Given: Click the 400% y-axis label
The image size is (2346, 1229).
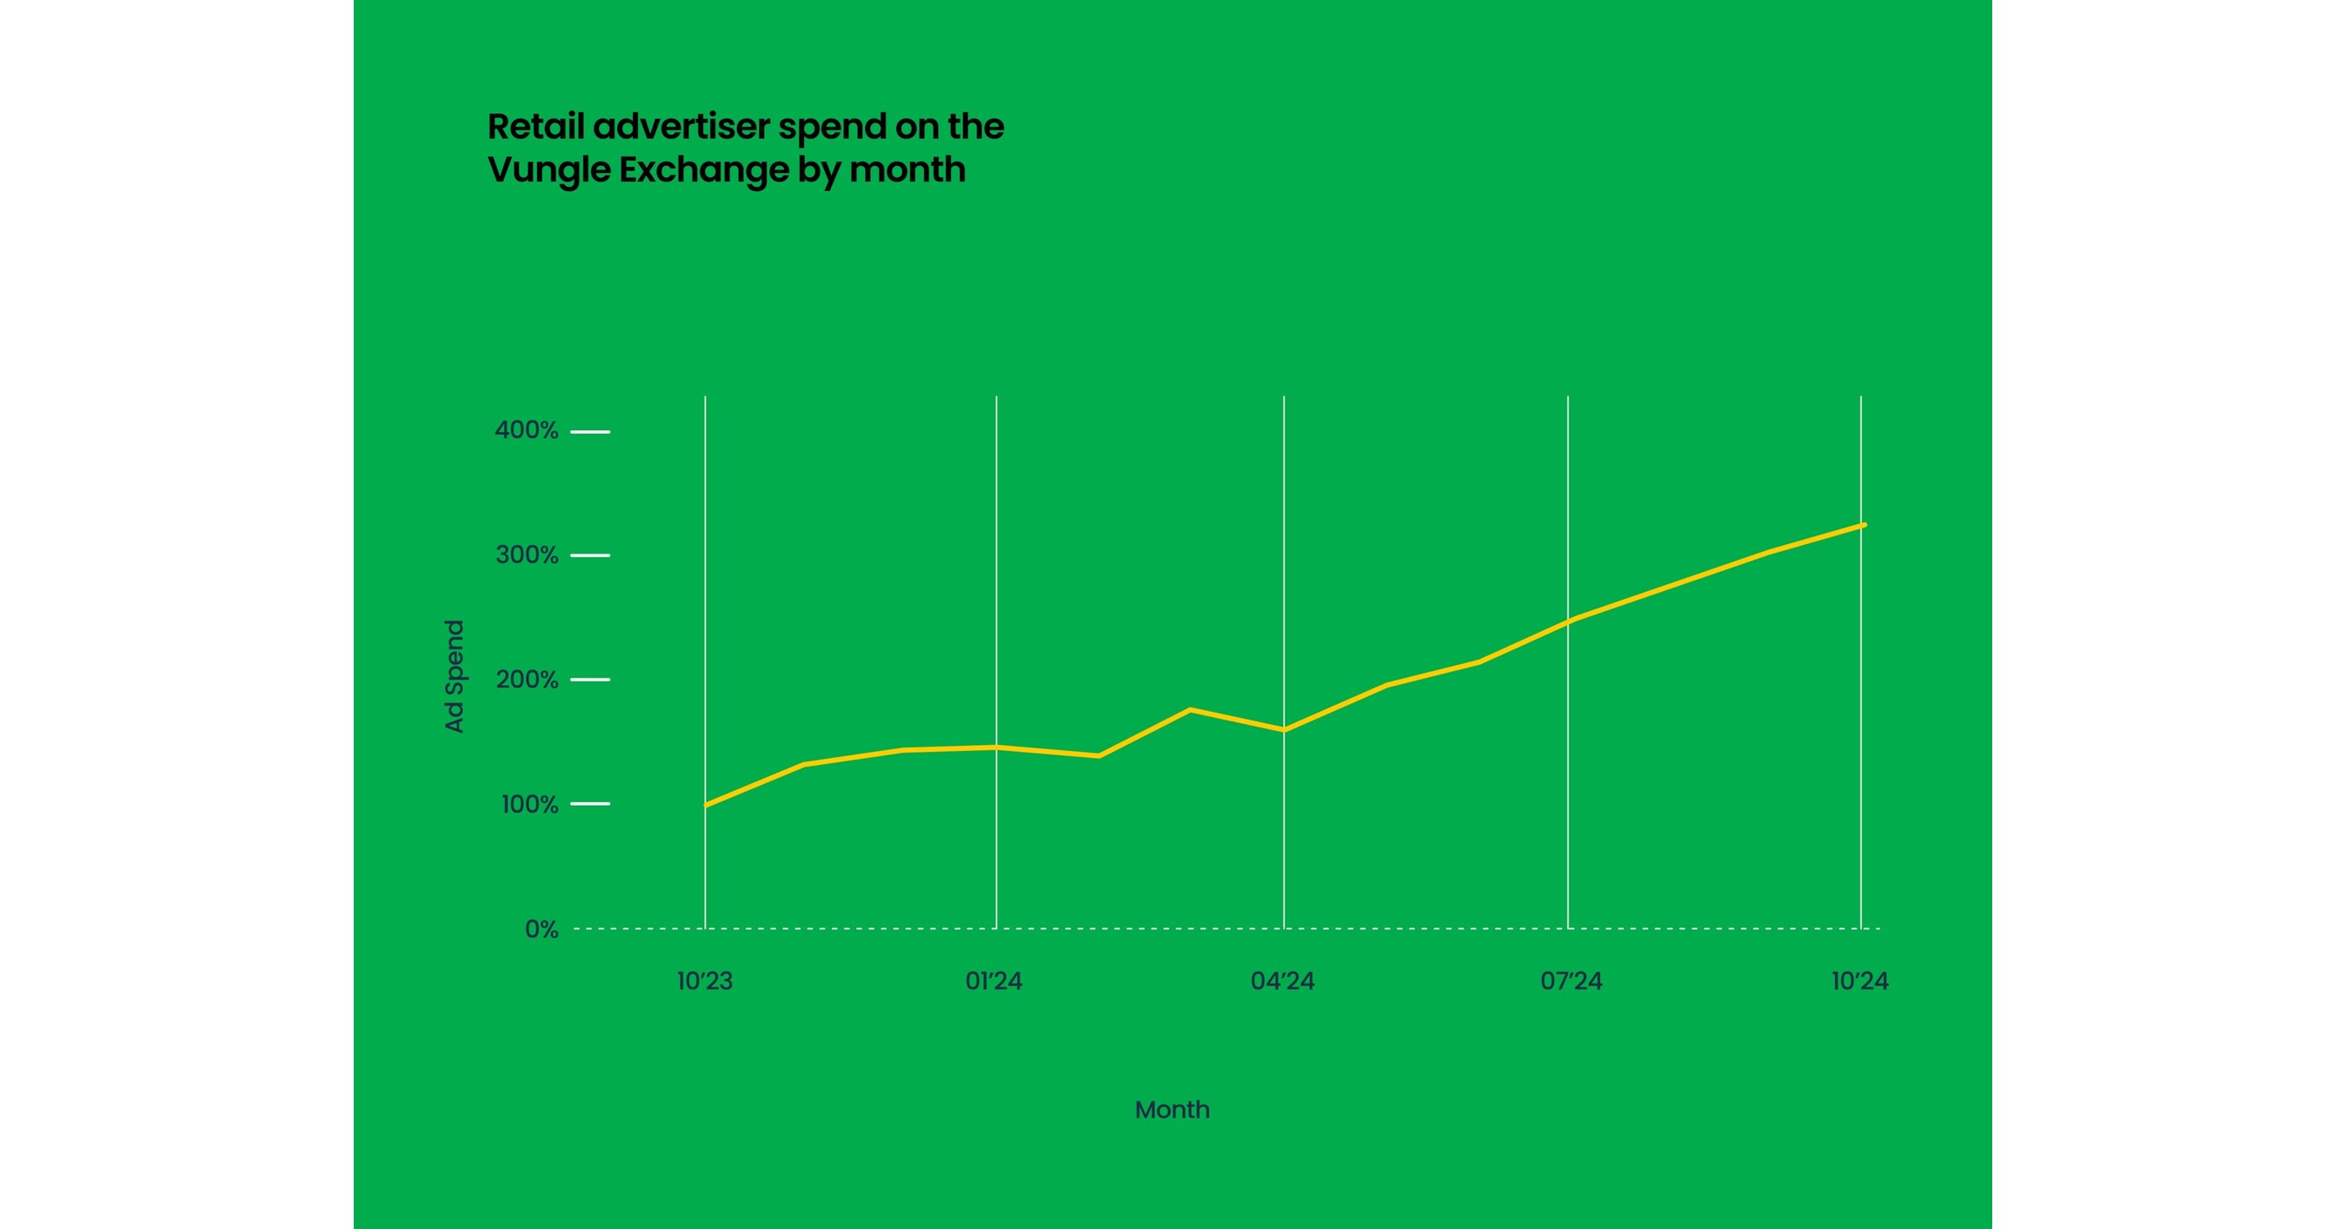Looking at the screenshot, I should [526, 430].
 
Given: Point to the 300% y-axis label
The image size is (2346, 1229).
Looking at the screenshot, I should [526, 555].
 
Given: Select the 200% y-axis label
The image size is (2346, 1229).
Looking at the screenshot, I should [526, 680].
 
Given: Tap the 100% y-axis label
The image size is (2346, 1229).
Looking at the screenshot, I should [528, 805].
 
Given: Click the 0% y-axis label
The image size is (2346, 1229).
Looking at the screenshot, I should [541, 929].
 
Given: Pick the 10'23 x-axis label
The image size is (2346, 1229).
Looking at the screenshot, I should [704, 981].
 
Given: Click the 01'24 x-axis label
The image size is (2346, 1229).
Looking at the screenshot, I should [994, 981].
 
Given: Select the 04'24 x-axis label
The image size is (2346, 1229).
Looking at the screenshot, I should [1282, 981].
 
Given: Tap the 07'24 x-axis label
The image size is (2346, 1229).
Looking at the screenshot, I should [1571, 981].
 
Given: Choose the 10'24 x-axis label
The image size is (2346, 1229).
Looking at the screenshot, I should [1860, 981].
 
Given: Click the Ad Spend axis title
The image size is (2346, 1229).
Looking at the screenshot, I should [455, 675].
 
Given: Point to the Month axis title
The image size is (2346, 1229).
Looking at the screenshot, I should [1172, 1110].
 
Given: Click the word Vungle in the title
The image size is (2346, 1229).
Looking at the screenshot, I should [548, 170].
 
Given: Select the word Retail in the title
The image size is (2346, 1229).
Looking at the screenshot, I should [535, 127].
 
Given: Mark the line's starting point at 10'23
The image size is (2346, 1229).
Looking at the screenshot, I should [707, 805].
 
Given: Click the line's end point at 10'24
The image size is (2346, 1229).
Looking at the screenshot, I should [1864, 524].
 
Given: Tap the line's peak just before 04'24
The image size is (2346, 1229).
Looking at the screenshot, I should [1190, 709].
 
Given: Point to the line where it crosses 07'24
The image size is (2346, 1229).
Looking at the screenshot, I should [1568, 621].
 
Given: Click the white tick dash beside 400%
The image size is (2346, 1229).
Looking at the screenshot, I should [590, 431].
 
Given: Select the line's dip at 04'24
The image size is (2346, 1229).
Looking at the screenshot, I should [1284, 730].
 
